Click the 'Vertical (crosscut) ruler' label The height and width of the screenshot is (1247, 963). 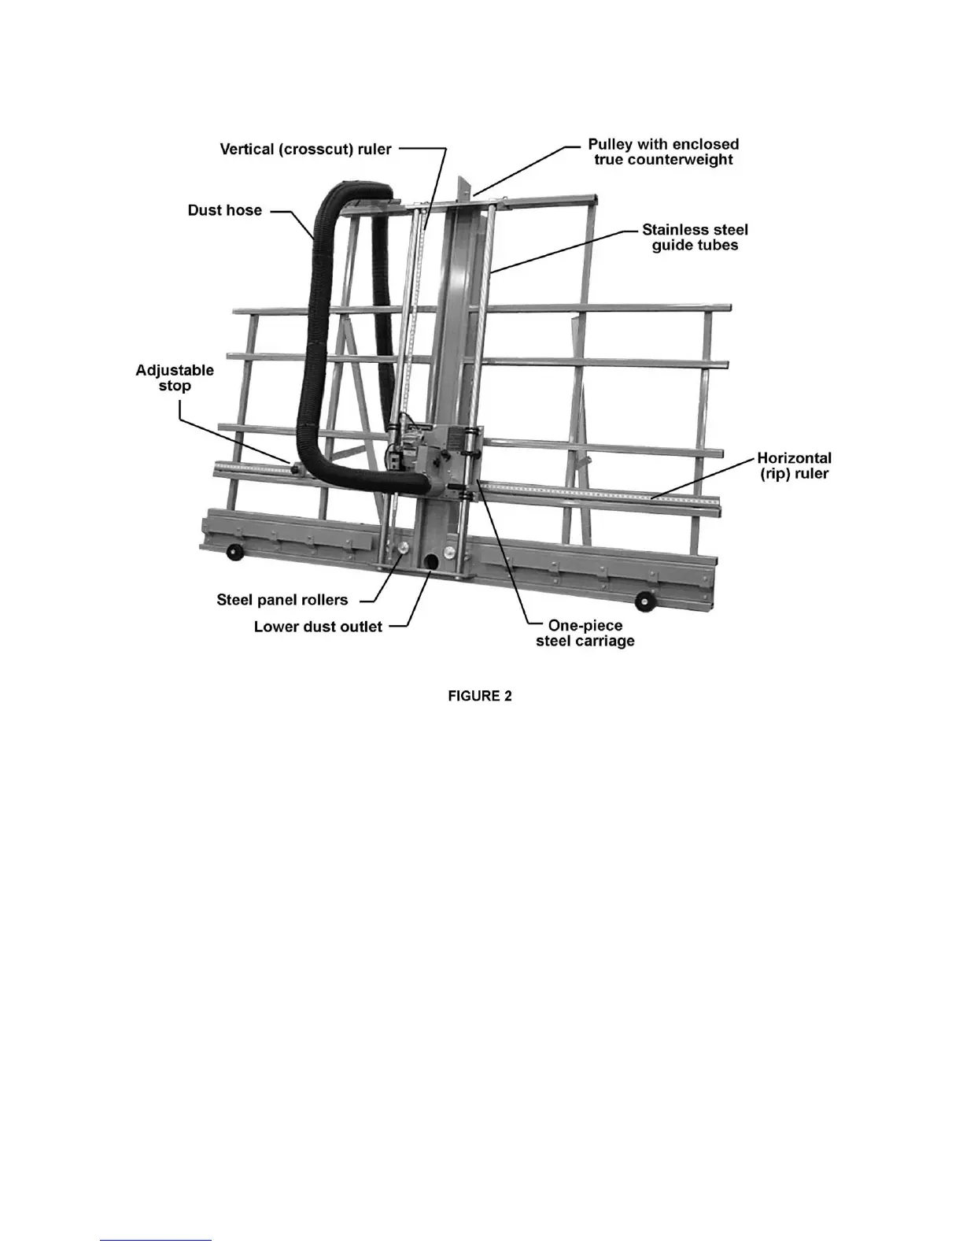point(305,150)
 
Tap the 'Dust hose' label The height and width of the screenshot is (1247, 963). point(224,210)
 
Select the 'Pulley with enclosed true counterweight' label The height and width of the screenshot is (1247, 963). point(663,152)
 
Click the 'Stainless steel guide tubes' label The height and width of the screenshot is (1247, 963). point(695,237)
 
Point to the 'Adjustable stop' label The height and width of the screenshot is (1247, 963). point(175,378)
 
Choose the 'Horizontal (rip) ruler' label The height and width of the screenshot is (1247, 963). point(794,465)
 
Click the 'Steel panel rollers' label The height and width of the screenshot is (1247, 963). point(282,600)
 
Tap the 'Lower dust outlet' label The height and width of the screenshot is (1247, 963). point(318,627)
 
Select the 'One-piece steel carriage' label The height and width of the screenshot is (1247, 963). point(585,633)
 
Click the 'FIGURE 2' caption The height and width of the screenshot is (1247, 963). point(480,696)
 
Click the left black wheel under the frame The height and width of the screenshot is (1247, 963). point(234,553)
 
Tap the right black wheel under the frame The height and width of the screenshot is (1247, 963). point(648,601)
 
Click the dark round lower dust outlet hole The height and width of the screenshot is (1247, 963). point(431,561)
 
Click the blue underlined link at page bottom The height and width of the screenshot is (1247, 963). point(156,1240)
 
